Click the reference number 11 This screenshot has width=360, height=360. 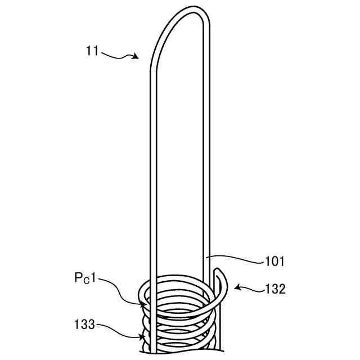[x=93, y=51]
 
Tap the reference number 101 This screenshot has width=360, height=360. [x=274, y=262]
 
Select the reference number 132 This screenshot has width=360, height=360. [x=274, y=290]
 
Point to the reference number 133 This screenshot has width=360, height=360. [x=84, y=325]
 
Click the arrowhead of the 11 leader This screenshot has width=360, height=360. [x=136, y=56]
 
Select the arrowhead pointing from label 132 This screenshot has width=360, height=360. [x=237, y=288]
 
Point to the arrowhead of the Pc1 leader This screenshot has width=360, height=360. [x=144, y=304]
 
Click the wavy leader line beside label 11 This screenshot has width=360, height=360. [x=117, y=53]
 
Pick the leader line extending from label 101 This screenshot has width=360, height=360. [x=236, y=259]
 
